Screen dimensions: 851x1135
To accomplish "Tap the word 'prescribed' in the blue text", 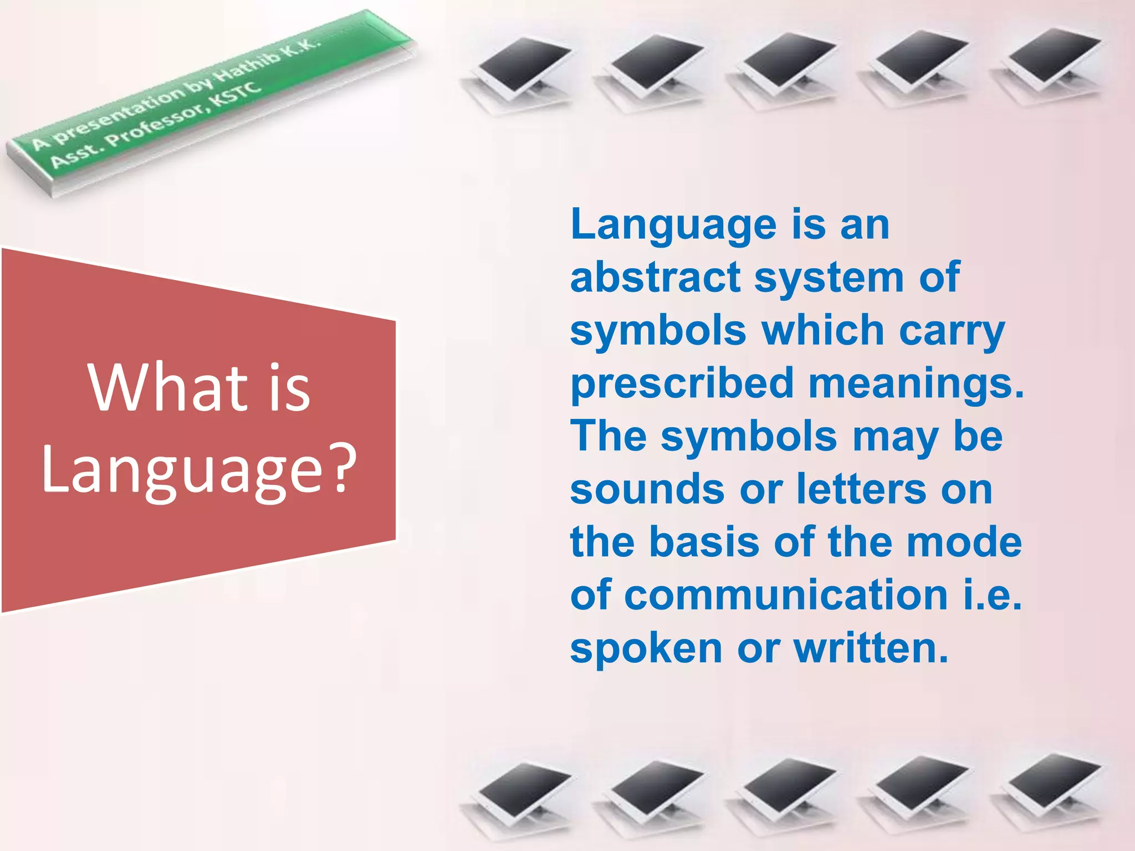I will coord(683,385).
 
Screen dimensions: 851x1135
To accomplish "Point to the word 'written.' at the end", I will coord(871,648).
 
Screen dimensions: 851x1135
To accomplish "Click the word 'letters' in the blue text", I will coord(862,490).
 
